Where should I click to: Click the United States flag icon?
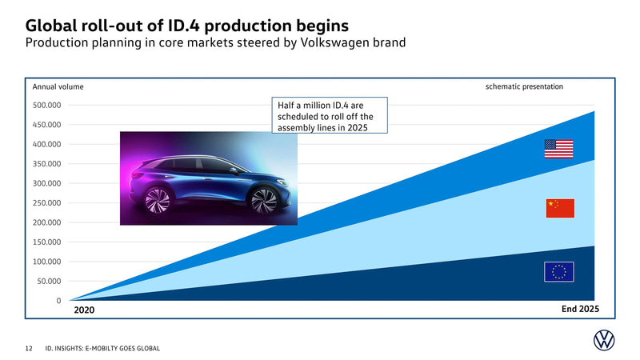559,150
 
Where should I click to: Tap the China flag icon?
559,208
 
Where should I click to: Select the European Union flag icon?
559,272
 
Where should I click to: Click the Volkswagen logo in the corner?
605,342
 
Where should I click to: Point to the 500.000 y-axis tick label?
47,105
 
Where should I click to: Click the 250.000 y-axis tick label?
47,203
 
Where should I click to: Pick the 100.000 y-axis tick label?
47,262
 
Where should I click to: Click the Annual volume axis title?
58,86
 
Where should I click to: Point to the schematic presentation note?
524,86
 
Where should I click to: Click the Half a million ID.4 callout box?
330,116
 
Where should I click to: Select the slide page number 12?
29,348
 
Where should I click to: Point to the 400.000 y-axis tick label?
47,144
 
